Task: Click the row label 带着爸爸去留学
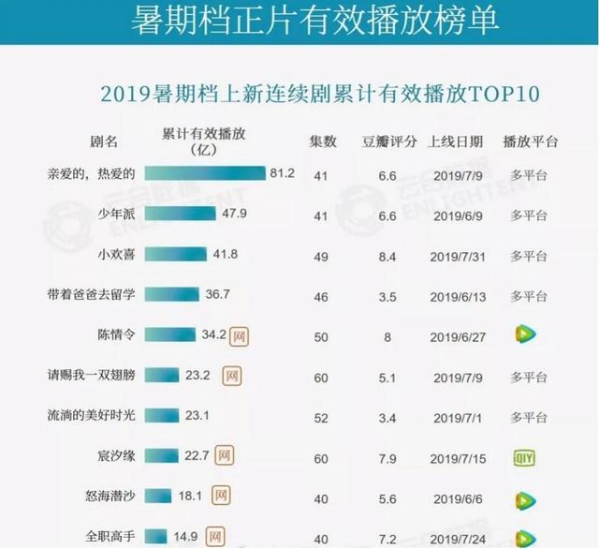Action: pos(92,295)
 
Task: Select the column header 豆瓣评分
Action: pos(389,142)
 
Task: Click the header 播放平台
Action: pos(530,142)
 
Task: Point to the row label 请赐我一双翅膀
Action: pos(92,376)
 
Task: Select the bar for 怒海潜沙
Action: pos(160,497)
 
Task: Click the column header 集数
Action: pos(323,142)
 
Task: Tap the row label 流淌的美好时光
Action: pos(92,415)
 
